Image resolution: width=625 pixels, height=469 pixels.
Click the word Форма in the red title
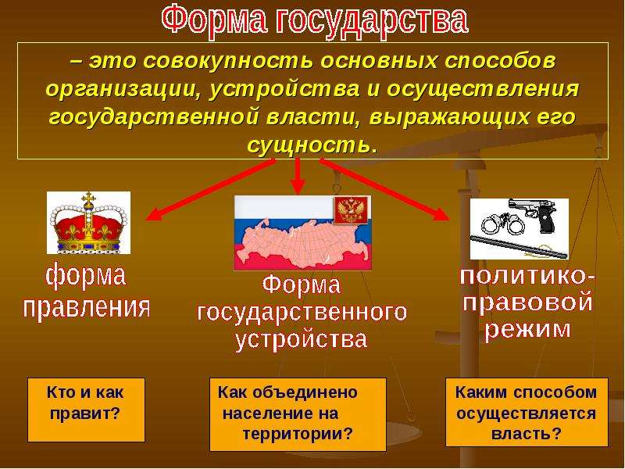coord(215,20)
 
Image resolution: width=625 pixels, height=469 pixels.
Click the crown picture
coord(88,223)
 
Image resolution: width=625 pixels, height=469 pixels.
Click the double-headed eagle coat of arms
coord(352,209)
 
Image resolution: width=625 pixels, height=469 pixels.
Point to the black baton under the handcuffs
coord(519,246)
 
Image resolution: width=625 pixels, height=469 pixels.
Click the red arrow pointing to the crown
coord(210,189)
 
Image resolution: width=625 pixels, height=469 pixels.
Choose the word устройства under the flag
coord(301,340)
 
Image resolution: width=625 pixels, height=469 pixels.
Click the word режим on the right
coord(527,330)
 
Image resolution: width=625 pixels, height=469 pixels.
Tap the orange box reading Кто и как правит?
coord(86,410)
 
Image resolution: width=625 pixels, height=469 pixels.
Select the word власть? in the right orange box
coord(526,434)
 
